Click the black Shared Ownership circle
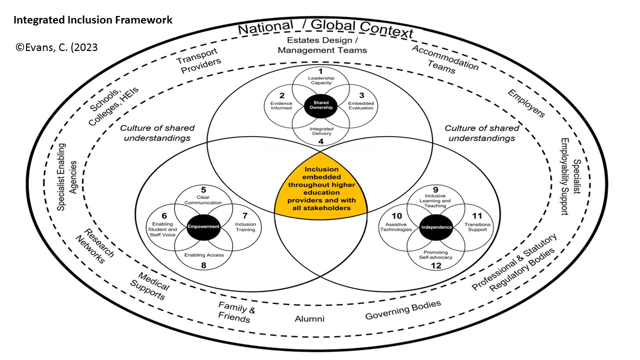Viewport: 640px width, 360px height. point(321,106)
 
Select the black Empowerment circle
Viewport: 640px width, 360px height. point(203,226)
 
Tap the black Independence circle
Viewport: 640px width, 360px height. point(436,226)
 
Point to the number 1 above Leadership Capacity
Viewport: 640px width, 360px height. point(320,71)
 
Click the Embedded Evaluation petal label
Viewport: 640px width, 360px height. point(361,105)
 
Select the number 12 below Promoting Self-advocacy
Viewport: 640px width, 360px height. point(436,266)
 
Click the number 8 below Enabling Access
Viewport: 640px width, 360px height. point(203,265)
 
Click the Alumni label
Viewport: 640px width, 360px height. point(309,318)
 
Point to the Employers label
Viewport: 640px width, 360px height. point(526,103)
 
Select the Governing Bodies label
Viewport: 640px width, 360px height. point(403,310)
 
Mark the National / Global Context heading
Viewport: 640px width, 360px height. point(325,29)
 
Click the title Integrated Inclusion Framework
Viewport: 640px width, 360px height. point(93,20)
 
